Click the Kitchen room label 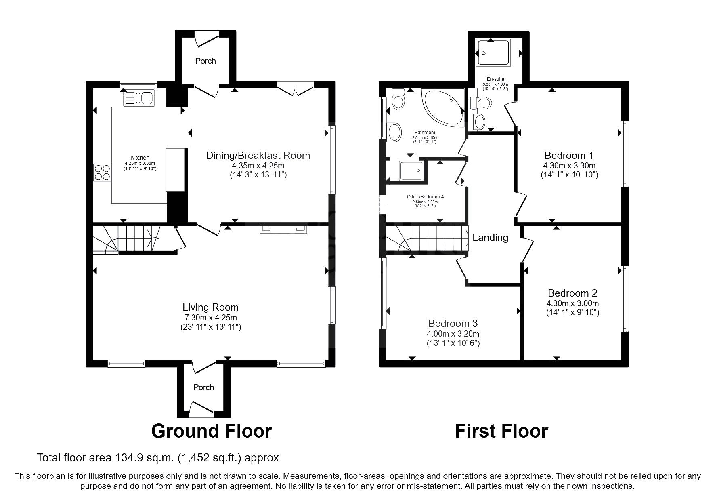click(140, 158)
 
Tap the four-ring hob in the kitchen click(102, 173)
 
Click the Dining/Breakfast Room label click(258, 156)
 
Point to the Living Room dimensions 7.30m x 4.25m click(210, 318)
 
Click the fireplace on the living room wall click(283, 229)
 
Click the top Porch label click(205, 61)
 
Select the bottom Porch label click(203, 387)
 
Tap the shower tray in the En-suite click(493, 53)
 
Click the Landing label click(490, 238)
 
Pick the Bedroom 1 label click(569, 156)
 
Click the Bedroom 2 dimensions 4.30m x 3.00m click(572, 303)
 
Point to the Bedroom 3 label click(453, 323)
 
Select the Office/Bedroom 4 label click(425, 197)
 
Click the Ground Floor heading click(211, 431)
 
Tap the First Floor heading click(501, 431)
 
